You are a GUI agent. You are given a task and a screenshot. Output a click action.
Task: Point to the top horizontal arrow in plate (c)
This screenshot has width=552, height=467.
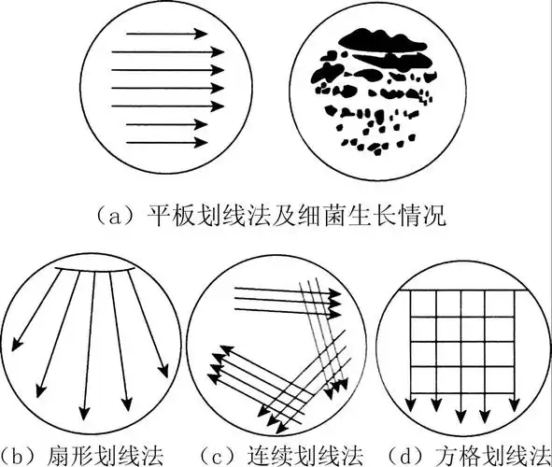click(x=280, y=290)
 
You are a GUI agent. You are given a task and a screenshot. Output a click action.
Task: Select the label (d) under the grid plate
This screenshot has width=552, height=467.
click(x=403, y=455)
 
